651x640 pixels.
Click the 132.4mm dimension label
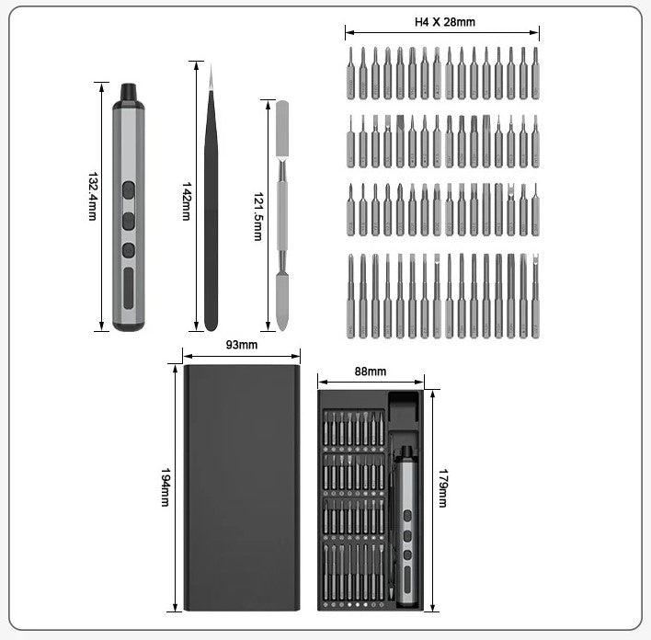(x=92, y=196)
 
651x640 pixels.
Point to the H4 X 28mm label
(x=445, y=22)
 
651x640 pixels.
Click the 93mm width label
(x=241, y=345)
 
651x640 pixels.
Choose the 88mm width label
(x=371, y=371)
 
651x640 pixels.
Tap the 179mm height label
(x=442, y=487)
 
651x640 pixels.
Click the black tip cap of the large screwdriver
(x=128, y=92)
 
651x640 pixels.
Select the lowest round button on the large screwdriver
(x=128, y=250)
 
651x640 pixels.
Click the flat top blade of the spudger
(x=281, y=120)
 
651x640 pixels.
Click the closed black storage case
(x=242, y=487)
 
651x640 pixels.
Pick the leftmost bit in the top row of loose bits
(x=350, y=74)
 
